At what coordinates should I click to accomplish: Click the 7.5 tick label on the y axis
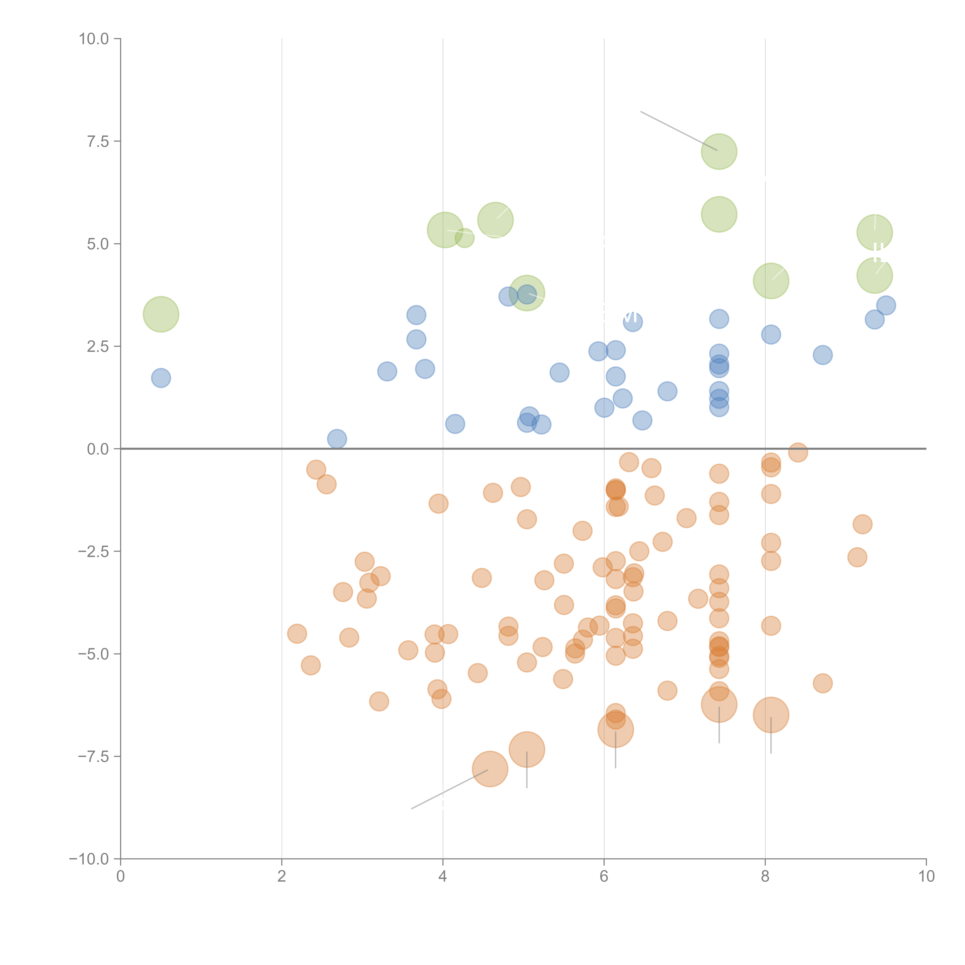point(98,141)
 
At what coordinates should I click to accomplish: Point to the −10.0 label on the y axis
point(89,859)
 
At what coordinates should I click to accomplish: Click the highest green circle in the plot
point(719,151)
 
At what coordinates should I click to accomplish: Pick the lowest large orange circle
point(490,769)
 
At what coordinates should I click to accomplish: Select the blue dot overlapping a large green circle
point(527,294)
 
